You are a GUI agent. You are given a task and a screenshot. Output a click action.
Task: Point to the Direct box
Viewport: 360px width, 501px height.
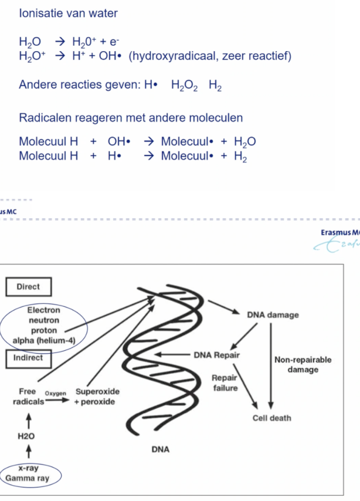tap(29, 287)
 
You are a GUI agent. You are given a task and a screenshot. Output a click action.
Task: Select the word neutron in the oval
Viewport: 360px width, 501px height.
tap(43, 320)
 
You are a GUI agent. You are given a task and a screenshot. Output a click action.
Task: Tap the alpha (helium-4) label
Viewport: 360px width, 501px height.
tap(44, 340)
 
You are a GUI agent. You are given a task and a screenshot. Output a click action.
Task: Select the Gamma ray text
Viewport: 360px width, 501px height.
tap(28, 478)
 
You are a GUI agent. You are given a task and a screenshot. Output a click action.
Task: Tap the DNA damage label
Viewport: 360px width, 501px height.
tap(273, 315)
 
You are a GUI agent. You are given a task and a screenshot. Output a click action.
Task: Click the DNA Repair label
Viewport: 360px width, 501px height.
tap(216, 355)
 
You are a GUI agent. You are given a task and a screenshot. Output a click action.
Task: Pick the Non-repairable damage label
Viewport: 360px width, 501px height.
tap(303, 364)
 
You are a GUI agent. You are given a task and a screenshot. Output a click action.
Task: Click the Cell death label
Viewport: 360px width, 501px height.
tap(271, 418)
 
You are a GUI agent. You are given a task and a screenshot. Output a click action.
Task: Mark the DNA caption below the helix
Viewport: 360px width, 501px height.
tap(160, 450)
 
